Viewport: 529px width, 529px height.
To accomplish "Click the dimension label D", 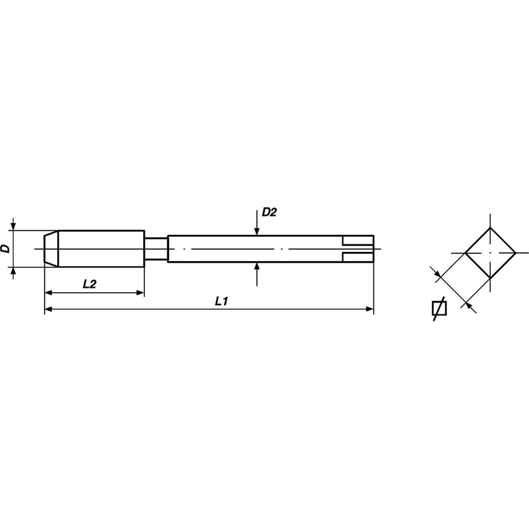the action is [5, 249].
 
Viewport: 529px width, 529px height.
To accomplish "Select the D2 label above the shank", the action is [269, 212].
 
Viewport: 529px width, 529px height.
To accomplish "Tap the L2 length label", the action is [89, 284].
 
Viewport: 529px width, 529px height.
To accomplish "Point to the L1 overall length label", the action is [222, 302].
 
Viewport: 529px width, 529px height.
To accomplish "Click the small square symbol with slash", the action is [439, 308].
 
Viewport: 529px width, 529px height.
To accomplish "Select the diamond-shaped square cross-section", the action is [490, 253].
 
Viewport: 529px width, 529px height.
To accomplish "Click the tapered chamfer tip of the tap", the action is [51, 249].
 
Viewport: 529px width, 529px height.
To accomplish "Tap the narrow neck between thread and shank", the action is [156, 249].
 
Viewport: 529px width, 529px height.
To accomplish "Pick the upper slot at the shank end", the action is [358, 241].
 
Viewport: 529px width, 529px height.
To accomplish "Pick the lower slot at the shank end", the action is [358, 257].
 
